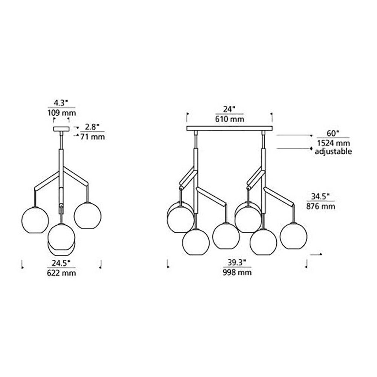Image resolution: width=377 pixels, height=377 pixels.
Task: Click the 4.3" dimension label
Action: [x=61, y=103]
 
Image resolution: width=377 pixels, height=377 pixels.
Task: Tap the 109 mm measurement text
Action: [x=62, y=113]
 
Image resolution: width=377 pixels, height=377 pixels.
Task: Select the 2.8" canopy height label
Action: [x=92, y=127]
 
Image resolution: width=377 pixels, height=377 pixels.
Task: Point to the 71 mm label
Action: [x=93, y=137]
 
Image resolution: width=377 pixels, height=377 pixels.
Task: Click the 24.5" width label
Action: [x=61, y=263]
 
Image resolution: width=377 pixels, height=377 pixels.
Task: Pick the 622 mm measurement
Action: [x=61, y=273]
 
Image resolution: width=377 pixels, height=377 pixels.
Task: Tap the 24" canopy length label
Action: [x=229, y=109]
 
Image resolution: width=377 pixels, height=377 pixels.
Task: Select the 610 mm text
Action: [x=230, y=119]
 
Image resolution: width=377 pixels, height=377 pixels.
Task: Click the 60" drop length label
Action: [x=333, y=133]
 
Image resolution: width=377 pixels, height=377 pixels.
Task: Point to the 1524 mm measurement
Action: [x=334, y=143]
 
